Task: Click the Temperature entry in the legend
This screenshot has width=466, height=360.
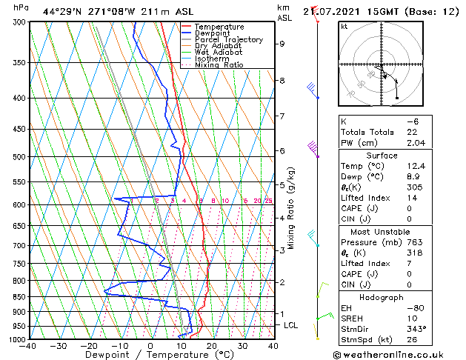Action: point(219,27)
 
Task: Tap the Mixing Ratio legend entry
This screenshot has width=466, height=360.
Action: point(219,65)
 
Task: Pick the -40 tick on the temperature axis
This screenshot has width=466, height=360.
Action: point(28,346)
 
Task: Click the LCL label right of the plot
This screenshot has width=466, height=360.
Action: point(292,325)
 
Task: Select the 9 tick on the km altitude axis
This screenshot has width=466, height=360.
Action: point(282,44)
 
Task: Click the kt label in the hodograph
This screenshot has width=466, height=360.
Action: point(344,27)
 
